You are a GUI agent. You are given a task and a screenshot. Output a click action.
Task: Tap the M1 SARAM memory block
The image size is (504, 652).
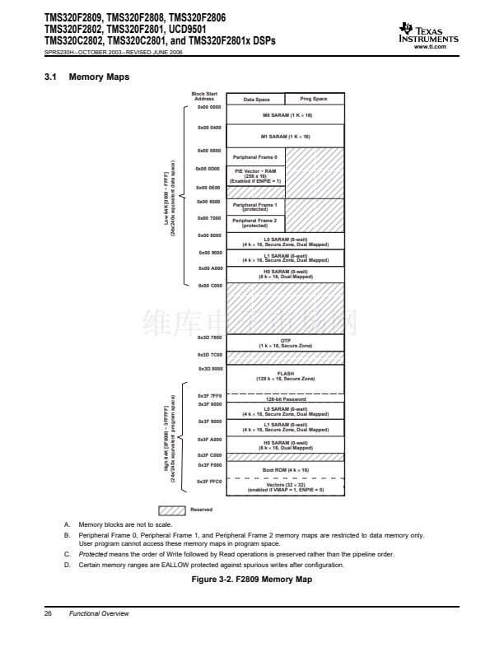click(x=285, y=136)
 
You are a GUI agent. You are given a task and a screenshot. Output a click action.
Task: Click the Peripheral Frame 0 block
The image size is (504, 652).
click(x=255, y=156)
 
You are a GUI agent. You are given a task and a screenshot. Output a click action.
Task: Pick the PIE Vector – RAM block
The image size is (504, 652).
click(x=255, y=176)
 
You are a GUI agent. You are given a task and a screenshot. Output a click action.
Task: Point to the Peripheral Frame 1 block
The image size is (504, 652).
click(x=255, y=207)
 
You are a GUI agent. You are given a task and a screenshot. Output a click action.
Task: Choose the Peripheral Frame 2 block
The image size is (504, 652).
click(x=255, y=222)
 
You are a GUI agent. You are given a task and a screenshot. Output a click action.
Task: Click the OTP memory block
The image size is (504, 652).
click(x=285, y=342)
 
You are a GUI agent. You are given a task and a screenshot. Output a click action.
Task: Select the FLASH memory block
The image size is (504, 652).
click(x=285, y=375)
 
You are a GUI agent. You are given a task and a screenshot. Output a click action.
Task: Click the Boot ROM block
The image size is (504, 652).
click(x=285, y=469)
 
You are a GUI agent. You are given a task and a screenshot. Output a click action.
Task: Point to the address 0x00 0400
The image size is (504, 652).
click(x=209, y=128)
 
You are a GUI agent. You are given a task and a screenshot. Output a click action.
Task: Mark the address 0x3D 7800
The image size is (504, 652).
click(x=209, y=338)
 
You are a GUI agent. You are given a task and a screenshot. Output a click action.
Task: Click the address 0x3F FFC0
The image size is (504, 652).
click(x=209, y=481)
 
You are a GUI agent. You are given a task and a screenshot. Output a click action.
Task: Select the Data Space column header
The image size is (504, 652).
click(x=255, y=100)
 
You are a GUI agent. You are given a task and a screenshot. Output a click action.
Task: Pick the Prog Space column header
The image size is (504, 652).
click(x=314, y=100)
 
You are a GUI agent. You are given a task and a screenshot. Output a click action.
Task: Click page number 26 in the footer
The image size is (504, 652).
click(x=49, y=613)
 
